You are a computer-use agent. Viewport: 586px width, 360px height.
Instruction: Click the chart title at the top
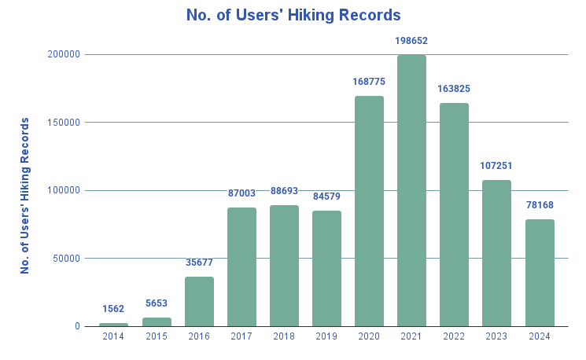point(293,15)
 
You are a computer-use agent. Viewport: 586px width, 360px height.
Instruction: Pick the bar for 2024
point(540,273)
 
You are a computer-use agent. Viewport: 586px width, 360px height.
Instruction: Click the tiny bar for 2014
point(113,324)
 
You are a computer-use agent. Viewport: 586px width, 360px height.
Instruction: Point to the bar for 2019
point(326,268)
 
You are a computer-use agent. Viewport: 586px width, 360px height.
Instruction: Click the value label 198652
point(411,40)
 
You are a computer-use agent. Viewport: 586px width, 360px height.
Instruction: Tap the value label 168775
point(369,81)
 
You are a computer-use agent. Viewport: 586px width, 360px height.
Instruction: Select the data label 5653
point(156,303)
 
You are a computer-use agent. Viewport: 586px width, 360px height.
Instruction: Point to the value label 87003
point(241,193)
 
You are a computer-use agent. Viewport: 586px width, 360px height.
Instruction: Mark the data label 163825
point(454,89)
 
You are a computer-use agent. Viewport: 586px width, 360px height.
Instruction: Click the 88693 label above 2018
point(284,191)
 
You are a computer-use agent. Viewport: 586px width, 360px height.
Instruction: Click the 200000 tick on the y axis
point(64,54)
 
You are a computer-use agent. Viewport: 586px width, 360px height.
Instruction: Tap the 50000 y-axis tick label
point(66,259)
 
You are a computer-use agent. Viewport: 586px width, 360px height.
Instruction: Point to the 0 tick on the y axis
point(77,326)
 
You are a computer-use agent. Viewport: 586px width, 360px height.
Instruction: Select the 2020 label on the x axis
point(369,336)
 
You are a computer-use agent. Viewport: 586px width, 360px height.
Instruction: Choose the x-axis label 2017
point(241,336)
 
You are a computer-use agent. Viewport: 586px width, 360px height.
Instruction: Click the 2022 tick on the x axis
point(454,336)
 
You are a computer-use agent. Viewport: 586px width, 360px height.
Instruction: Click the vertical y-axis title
point(25,196)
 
